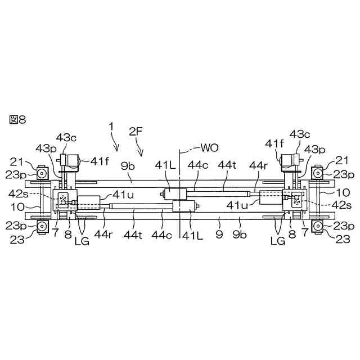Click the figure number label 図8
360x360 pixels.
click(17, 119)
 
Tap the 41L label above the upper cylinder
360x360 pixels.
click(167, 166)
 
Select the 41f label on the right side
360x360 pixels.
click(274, 145)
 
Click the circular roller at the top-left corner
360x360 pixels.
click(41, 172)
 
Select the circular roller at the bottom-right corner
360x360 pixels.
click(318, 226)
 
